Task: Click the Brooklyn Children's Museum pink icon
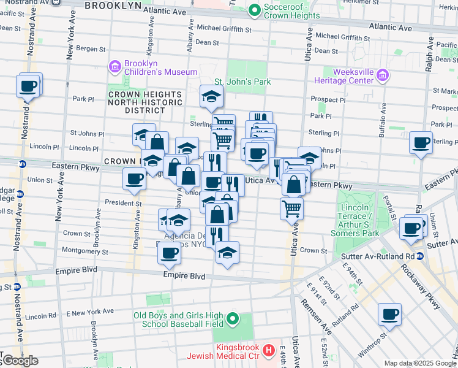click(114, 66)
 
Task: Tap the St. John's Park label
click(242, 82)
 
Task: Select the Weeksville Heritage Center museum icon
click(383, 75)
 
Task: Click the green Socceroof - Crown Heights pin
click(254, 10)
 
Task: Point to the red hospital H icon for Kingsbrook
click(268, 351)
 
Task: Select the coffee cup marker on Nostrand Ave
click(28, 86)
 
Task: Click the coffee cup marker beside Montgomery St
click(169, 252)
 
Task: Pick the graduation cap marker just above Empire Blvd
click(227, 253)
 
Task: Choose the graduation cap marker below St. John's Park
click(211, 96)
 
